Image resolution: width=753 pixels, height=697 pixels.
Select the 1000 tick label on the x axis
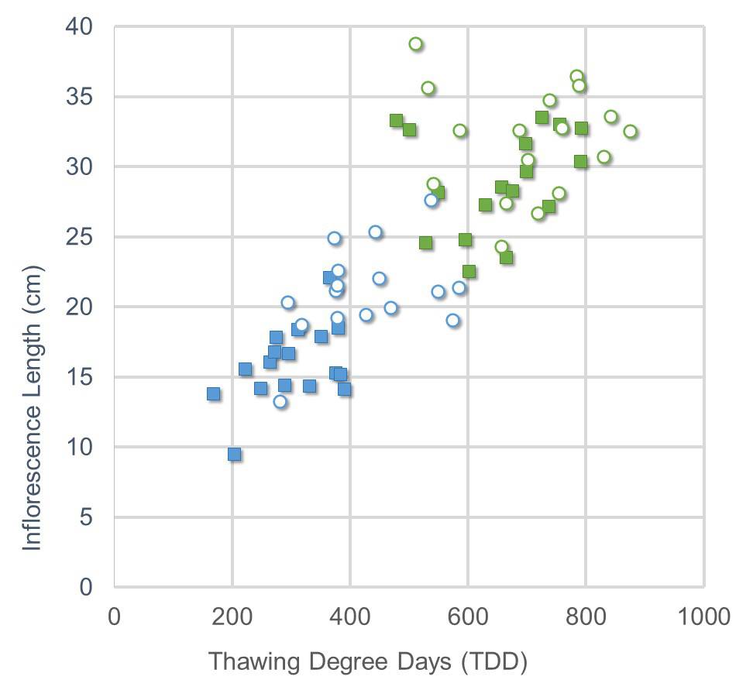pyautogui.click(x=703, y=616)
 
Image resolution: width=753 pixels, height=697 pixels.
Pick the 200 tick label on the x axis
pyautogui.click(x=232, y=616)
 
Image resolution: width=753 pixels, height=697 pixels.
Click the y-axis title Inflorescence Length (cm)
pyautogui.click(x=32, y=408)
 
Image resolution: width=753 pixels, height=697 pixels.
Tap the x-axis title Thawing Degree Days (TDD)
pyautogui.click(x=368, y=662)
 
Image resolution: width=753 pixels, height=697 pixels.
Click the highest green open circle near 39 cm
pyautogui.click(x=416, y=44)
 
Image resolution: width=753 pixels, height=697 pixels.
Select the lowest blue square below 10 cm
pyautogui.click(x=235, y=455)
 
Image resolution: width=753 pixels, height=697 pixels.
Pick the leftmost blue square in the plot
pyautogui.click(x=213, y=394)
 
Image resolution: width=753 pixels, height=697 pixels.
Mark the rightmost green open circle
pyautogui.click(x=630, y=132)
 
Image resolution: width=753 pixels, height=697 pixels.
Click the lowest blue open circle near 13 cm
pyautogui.click(x=280, y=402)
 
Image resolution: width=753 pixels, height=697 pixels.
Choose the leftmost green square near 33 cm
pyautogui.click(x=396, y=121)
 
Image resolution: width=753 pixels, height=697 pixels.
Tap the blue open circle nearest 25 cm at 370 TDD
pyautogui.click(x=334, y=239)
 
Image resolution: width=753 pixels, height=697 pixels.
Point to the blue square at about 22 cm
pyautogui.click(x=328, y=278)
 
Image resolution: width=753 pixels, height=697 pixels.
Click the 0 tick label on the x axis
pyautogui.click(x=115, y=616)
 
